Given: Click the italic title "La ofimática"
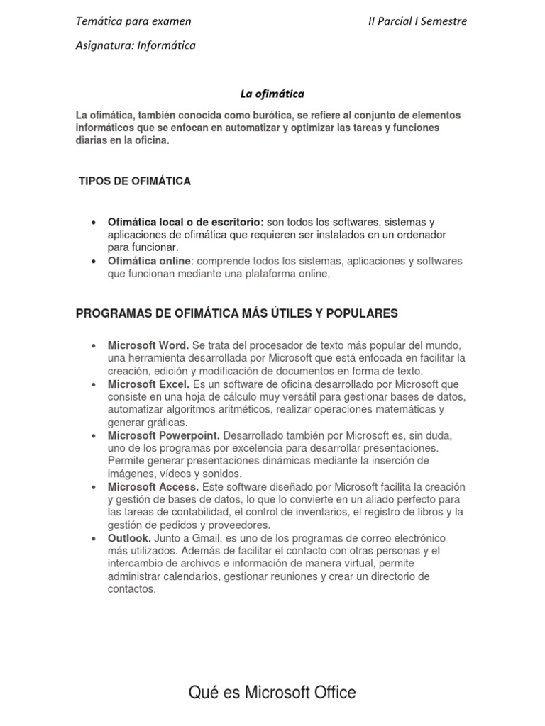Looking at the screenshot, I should click(272, 93).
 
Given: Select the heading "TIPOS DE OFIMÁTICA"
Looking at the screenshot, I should click(135, 181).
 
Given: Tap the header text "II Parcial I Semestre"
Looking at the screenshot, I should click(417, 21).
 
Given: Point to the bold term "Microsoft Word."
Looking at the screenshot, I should click(148, 345).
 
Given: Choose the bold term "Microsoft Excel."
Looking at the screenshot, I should click(148, 384).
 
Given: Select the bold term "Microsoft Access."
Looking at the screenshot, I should click(154, 487).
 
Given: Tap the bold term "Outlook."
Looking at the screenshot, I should click(128, 539).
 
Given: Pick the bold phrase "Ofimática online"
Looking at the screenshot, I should click(149, 261).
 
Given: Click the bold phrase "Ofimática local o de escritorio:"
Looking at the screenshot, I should click(186, 222).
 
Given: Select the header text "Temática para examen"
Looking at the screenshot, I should click(133, 21).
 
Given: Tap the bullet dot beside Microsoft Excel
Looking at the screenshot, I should click(93, 384).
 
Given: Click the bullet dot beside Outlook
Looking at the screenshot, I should click(93, 539).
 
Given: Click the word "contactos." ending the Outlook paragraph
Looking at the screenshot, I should click(131, 589).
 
